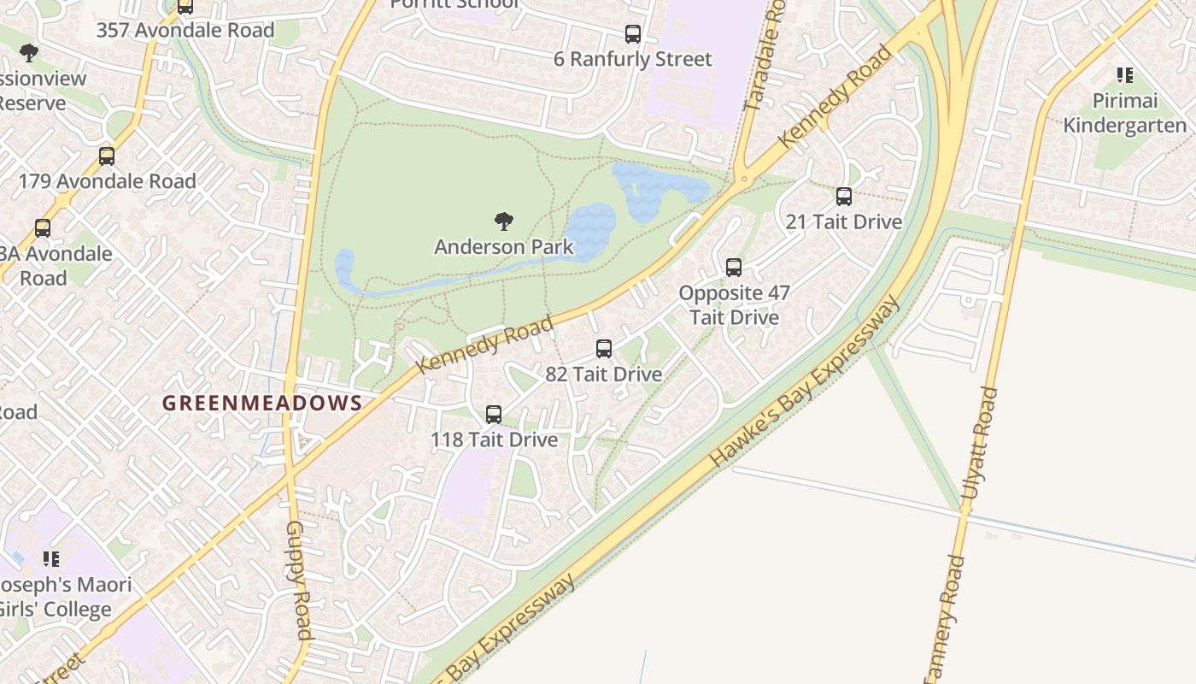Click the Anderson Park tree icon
click(504, 222)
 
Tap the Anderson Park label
click(504, 247)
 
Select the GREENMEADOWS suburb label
click(262, 403)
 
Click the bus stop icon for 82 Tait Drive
click(604, 349)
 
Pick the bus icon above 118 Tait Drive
click(494, 415)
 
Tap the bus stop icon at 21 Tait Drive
click(844, 197)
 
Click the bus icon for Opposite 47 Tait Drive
click(734, 268)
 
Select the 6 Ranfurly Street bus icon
click(633, 34)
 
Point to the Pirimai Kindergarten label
click(1125, 113)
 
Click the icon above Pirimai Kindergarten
click(1125, 75)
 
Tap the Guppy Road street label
click(298, 580)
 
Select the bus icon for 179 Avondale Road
click(107, 156)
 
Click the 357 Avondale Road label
click(185, 31)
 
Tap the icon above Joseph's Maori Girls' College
click(51, 559)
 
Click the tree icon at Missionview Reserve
click(29, 53)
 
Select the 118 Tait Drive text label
click(494, 439)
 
